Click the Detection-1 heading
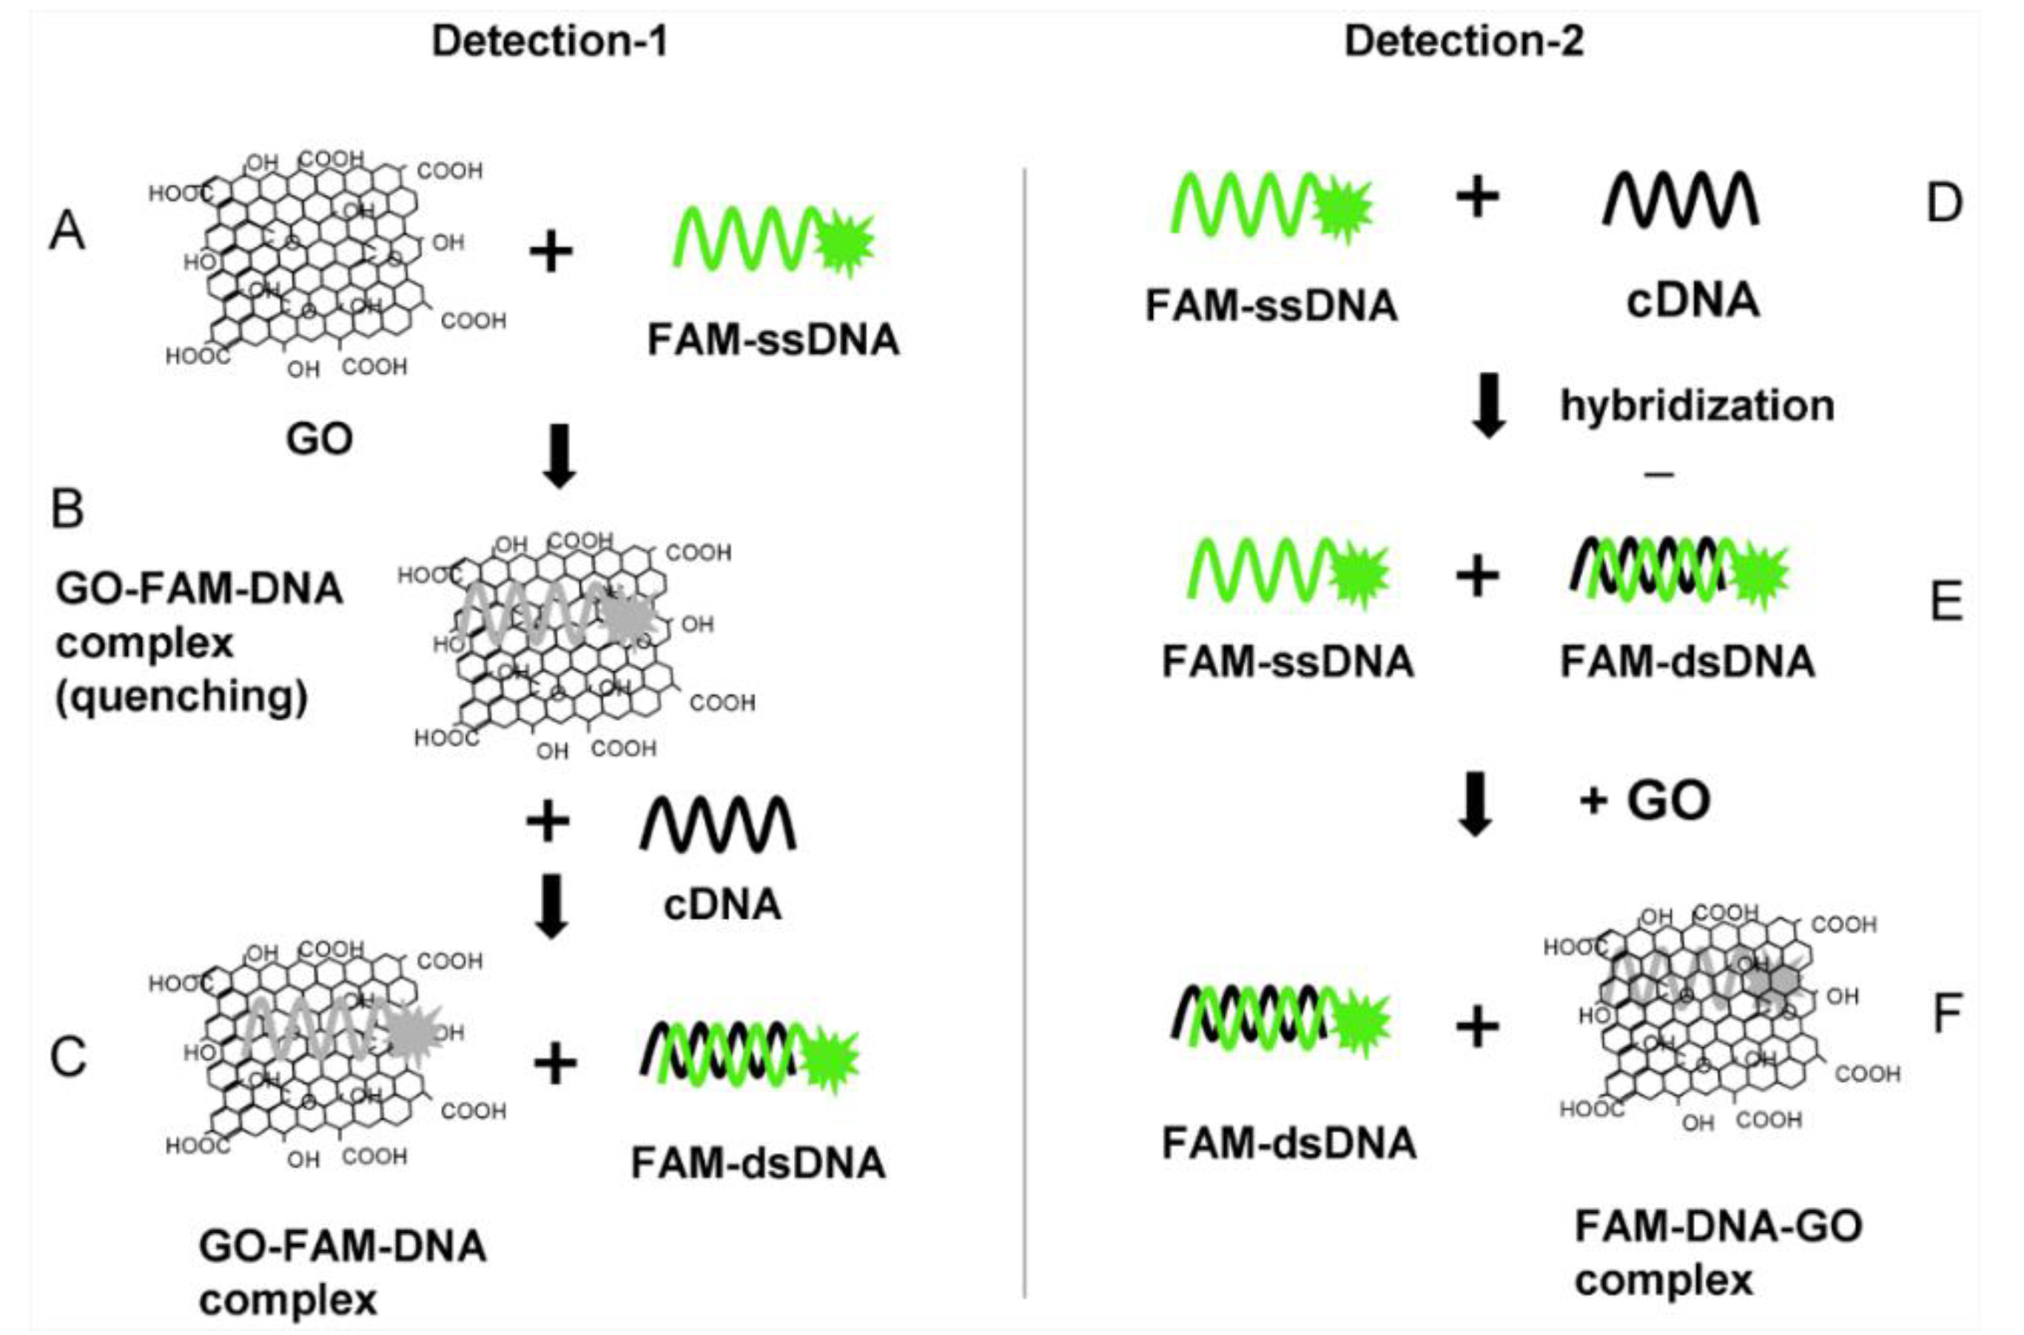(x=549, y=41)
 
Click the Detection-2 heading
(x=1464, y=41)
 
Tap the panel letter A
(x=67, y=232)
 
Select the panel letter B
(x=67, y=509)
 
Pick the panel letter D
(x=1944, y=204)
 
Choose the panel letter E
(x=1946, y=601)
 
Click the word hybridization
(x=1697, y=406)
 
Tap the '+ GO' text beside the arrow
(x=1644, y=800)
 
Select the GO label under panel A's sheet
(x=319, y=440)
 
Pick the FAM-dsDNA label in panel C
(x=758, y=1163)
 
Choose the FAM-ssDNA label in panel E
(x=1288, y=662)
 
